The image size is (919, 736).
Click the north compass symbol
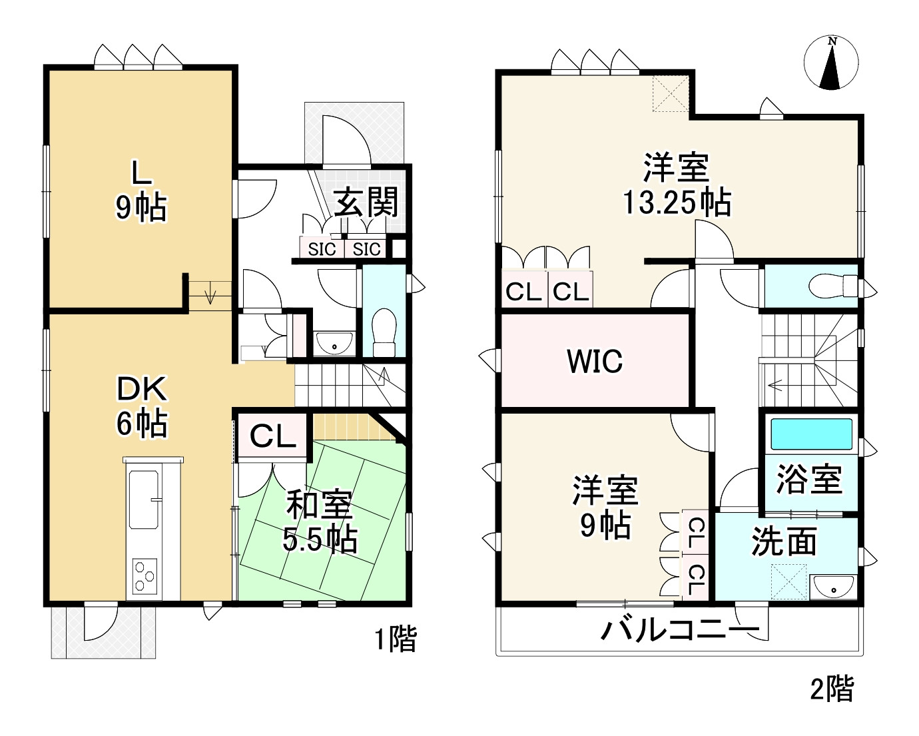pyautogui.click(x=831, y=63)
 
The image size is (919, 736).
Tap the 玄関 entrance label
pyautogui.click(x=366, y=202)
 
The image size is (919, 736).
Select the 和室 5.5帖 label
pyautogui.click(x=320, y=522)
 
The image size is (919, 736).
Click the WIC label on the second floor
pyautogui.click(x=595, y=361)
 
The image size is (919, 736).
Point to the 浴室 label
pyautogui.click(x=809, y=479)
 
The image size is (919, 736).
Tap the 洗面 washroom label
pyautogui.click(x=784, y=542)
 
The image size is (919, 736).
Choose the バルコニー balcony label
pyautogui.click(x=681, y=629)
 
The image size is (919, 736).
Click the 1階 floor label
pyautogui.click(x=396, y=638)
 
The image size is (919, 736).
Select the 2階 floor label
pyautogui.click(x=832, y=688)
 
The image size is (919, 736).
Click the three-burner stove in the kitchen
pyautogui.click(x=145, y=575)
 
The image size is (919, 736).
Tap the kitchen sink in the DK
pyautogui.click(x=143, y=500)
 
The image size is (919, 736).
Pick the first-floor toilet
pyautogui.click(x=384, y=332)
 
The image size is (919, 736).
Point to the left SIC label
pyautogui.click(x=322, y=249)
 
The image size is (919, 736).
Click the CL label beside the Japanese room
pyautogui.click(x=273, y=436)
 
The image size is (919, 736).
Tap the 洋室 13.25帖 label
pyautogui.click(x=677, y=184)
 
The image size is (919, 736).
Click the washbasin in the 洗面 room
pyautogui.click(x=833, y=585)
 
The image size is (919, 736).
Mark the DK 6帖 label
pyautogui.click(x=143, y=406)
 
